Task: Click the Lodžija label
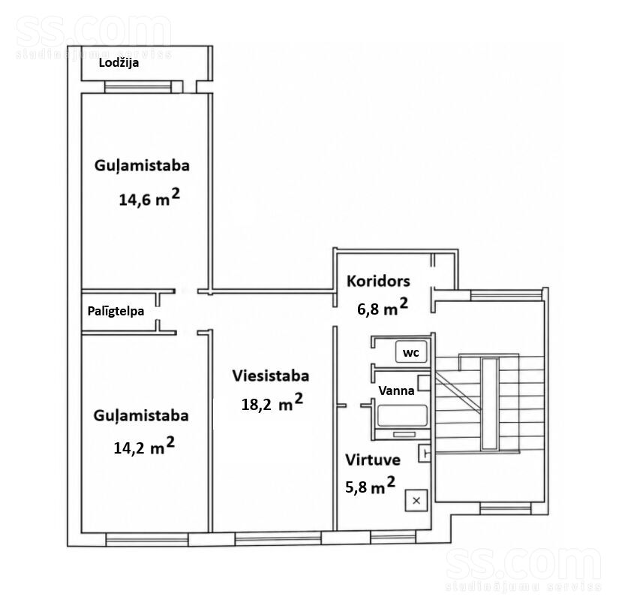coord(119,63)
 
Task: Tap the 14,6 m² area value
coord(149,197)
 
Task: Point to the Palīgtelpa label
coord(116,311)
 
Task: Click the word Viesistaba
coord(271,376)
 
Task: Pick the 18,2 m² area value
coord(272,403)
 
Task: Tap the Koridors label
coord(378,281)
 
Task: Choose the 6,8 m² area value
coord(383,307)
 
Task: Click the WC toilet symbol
coord(411,352)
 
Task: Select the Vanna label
coord(396,390)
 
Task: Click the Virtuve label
coord(373,460)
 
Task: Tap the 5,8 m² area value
coord(371,485)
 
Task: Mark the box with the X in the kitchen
coord(416,501)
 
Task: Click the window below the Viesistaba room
coord(278,538)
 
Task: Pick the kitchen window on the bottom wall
coord(393,537)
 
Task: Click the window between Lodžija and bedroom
coord(138,86)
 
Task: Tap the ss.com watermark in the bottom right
coord(524,569)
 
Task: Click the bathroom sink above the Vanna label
coord(424,383)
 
